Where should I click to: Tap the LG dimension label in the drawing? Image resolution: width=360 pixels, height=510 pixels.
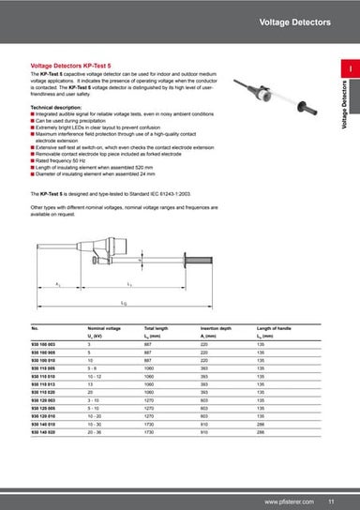125,305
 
